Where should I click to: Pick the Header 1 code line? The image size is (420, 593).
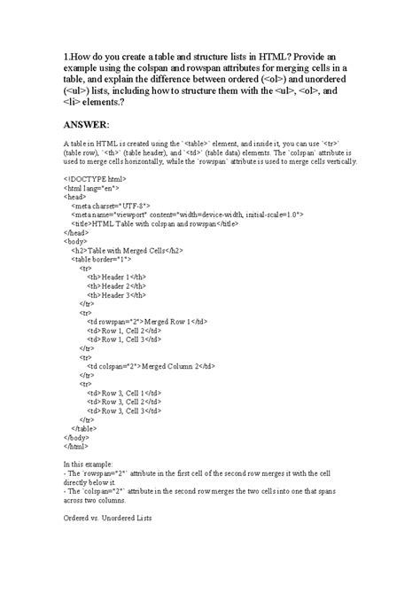coord(118,276)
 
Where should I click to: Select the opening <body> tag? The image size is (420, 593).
coord(76,240)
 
